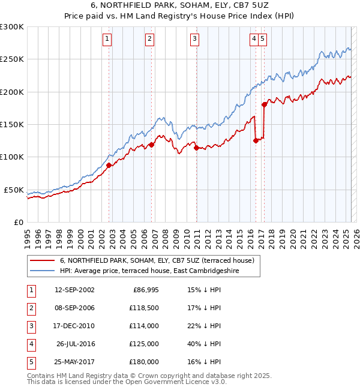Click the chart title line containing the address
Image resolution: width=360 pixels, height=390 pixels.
tap(180, 5)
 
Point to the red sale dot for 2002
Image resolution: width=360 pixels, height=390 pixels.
tap(109, 165)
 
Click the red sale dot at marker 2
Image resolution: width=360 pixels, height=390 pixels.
tap(151, 145)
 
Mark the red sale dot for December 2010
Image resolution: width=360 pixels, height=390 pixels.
tap(197, 148)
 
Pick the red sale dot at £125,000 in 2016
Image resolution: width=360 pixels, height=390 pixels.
tap(256, 140)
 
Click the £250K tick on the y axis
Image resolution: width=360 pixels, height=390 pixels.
tap(12, 59)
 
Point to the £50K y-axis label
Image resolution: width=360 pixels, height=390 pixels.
tap(14, 190)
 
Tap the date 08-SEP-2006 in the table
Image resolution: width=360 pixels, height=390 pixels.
tap(74, 308)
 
